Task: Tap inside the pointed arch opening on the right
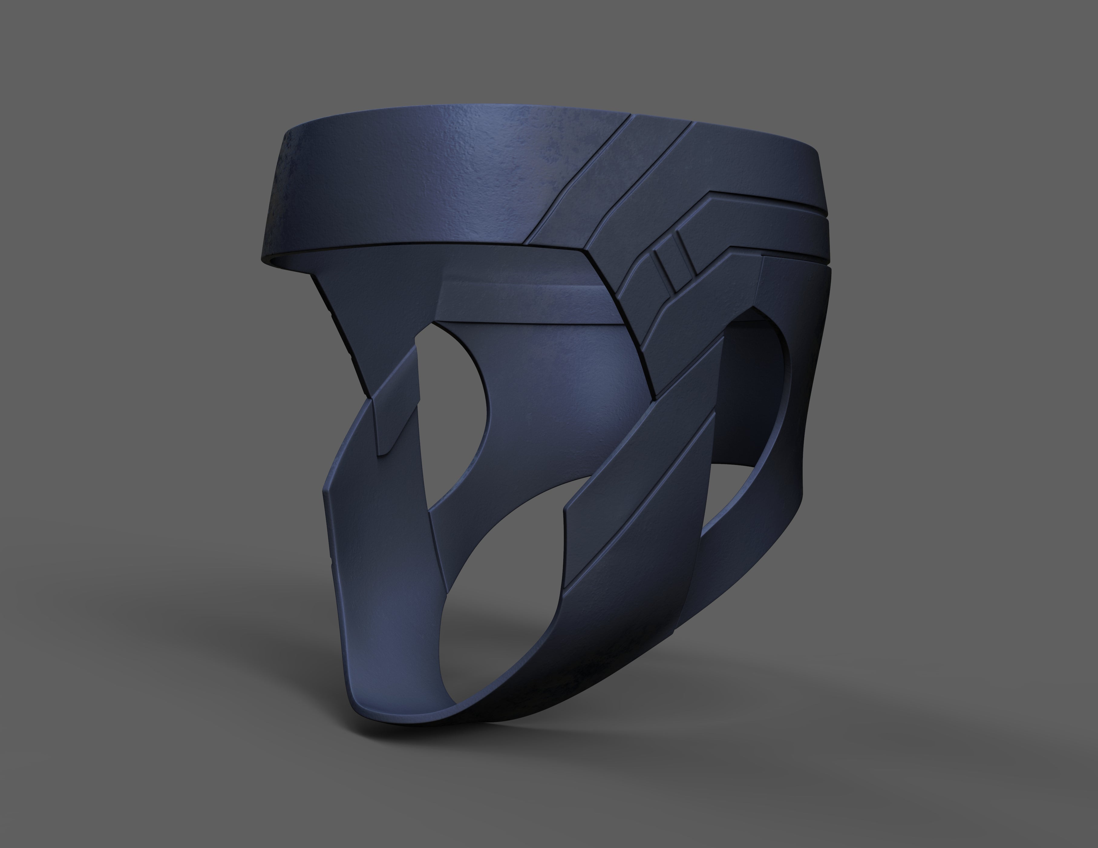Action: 754,383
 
